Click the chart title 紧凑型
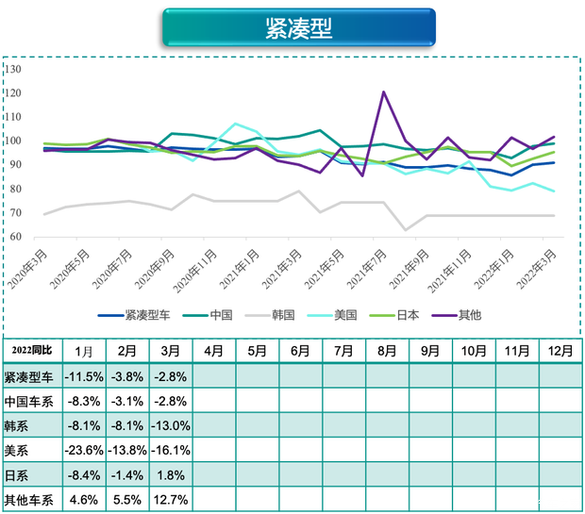(298, 28)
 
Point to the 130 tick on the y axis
(12, 70)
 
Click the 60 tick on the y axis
(14, 237)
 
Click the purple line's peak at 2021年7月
(384, 91)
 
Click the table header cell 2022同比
(31, 351)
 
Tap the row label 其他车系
(27, 498)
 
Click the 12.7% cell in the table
(171, 498)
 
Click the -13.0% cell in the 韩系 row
(171, 424)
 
